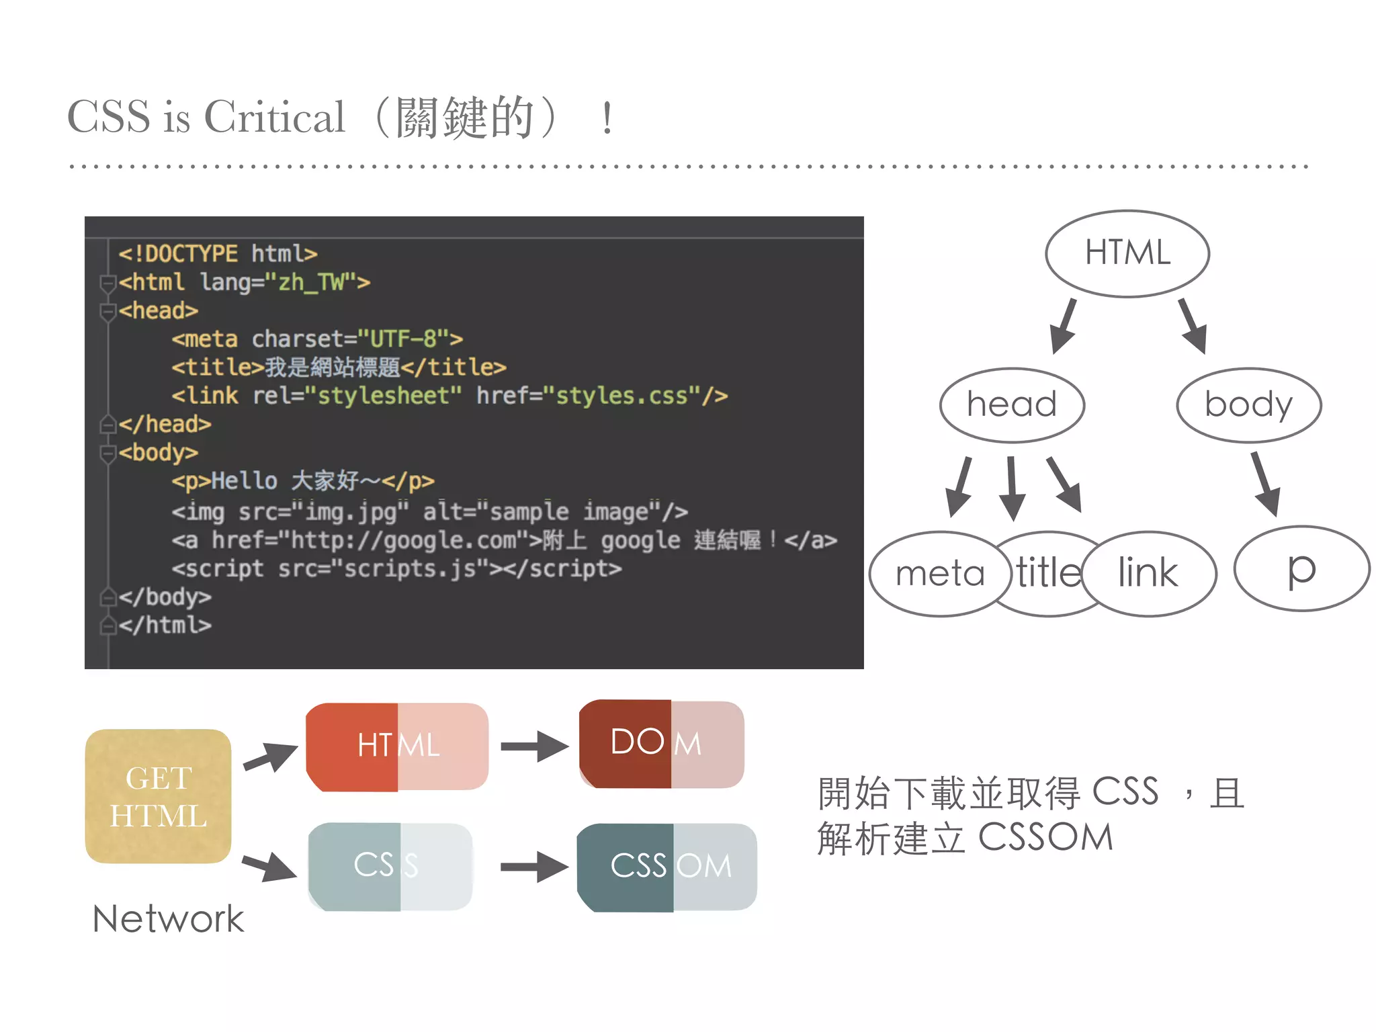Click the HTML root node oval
click(1127, 253)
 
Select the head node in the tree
click(1011, 404)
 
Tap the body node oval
click(1248, 404)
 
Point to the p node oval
click(1301, 569)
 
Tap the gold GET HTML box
click(159, 796)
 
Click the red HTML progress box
click(397, 746)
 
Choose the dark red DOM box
click(661, 744)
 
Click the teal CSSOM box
click(666, 867)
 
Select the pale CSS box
click(390, 867)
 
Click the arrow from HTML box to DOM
click(534, 746)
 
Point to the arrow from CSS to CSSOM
click(534, 867)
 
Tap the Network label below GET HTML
click(168, 918)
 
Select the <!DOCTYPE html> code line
click(218, 253)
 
